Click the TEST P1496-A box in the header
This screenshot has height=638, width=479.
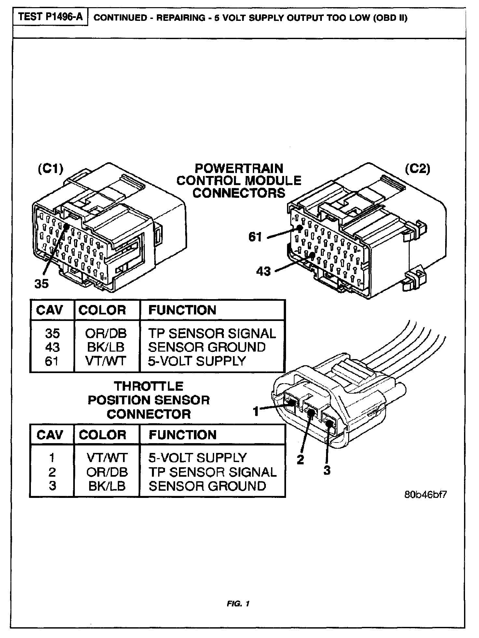tap(50, 17)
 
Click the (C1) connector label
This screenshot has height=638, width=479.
tap(50, 169)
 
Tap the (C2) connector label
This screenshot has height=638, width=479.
tap(417, 169)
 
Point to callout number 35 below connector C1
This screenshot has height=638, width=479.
tap(41, 284)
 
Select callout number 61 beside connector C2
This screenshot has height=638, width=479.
tap(255, 237)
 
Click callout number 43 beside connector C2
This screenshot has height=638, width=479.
tap(263, 271)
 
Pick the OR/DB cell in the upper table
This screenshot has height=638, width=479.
tap(106, 333)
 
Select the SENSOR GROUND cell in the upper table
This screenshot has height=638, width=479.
tap(207, 347)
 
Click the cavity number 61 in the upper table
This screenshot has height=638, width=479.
tap(52, 361)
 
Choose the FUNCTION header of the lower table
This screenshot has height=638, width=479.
tap(183, 435)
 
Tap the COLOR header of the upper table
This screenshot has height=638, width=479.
tap(102, 310)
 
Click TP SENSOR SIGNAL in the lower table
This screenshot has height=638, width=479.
tap(212, 472)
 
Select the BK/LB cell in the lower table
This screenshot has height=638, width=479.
tap(107, 486)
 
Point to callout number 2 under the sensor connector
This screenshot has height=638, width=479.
tap(300, 459)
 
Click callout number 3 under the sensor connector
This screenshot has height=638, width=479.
tap(327, 470)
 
